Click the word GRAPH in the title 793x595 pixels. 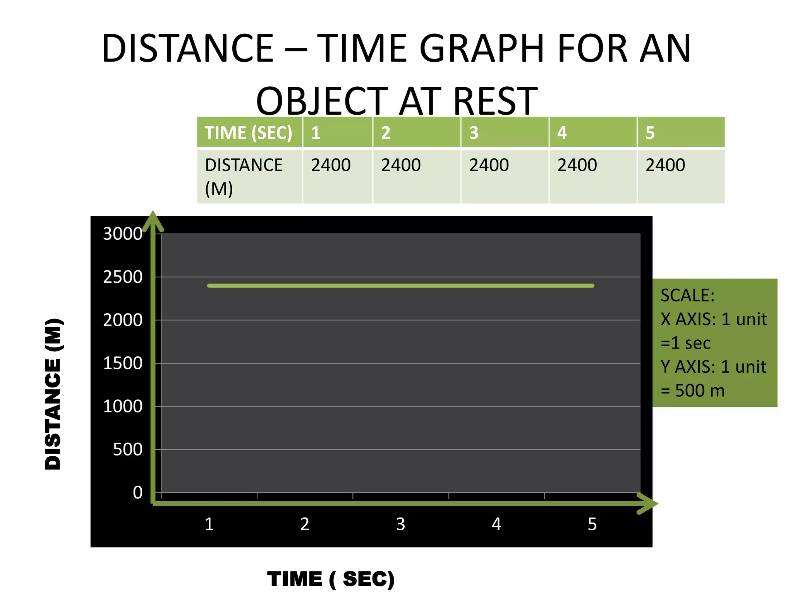482,49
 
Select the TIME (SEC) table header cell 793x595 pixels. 249,133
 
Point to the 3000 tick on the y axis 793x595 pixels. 123,234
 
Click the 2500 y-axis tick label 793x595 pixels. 123,277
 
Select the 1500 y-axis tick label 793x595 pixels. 123,364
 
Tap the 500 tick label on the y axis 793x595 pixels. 128,450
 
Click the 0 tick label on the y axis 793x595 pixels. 137,493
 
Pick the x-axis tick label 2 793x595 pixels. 305,524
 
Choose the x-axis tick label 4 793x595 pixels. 496,524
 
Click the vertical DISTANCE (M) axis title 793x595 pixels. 53,394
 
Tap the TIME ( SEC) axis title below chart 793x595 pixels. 331,580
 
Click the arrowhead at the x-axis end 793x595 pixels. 649,504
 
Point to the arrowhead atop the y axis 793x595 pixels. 153,221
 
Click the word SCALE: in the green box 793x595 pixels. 687,296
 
